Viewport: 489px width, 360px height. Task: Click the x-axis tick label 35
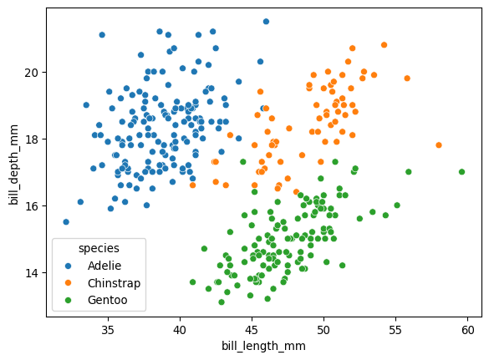click(107, 330)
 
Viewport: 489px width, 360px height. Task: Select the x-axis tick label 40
click(180, 330)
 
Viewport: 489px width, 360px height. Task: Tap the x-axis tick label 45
click(252, 330)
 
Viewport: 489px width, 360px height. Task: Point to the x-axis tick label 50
click(323, 330)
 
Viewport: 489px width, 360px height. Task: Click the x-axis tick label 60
click(468, 330)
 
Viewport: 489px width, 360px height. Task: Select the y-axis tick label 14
click(31, 272)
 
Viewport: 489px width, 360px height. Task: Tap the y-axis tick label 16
click(31, 205)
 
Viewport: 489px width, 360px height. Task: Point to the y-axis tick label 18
click(31, 139)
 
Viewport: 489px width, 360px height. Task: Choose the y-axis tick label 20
click(31, 72)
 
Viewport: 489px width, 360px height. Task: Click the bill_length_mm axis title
click(263, 346)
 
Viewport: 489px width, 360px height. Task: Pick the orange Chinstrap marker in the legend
click(69, 282)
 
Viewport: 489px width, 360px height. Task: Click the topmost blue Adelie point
click(266, 22)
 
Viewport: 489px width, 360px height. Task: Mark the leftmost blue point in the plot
click(66, 222)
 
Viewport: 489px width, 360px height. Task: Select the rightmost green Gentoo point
click(461, 172)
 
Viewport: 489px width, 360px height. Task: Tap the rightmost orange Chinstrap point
click(439, 145)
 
